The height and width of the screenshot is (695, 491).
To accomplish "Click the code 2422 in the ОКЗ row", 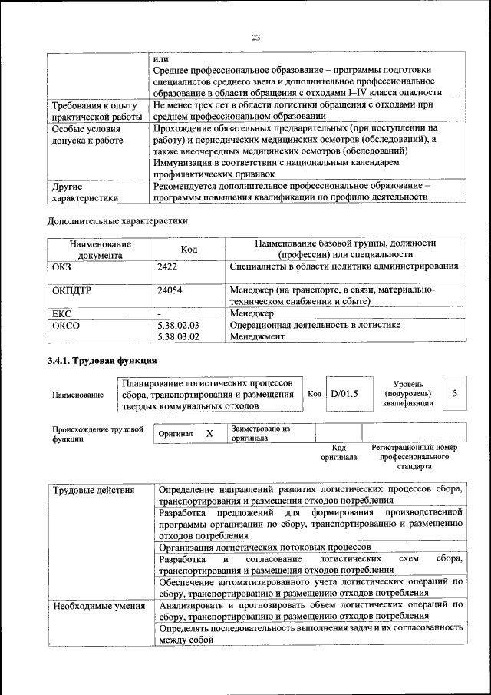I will (168, 266).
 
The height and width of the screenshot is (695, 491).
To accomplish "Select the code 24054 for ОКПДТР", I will (170, 290).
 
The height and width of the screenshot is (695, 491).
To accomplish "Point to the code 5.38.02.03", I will (177, 325).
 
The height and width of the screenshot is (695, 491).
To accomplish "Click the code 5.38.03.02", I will (177, 336).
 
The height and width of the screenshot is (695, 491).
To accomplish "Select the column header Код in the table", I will (188, 249).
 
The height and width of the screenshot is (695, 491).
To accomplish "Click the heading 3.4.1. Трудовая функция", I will (102, 360).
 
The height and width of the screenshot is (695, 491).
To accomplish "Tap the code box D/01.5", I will (344, 394).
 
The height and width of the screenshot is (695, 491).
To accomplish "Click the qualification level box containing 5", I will (455, 393).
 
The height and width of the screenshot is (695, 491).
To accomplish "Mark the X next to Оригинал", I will (209, 434).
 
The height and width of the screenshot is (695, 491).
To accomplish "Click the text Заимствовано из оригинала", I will (260, 433).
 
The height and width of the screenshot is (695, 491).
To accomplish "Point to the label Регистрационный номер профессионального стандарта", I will (414, 456).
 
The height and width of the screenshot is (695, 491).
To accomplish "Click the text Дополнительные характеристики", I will (117, 221).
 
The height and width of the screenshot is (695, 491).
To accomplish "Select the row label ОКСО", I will (65, 325).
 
